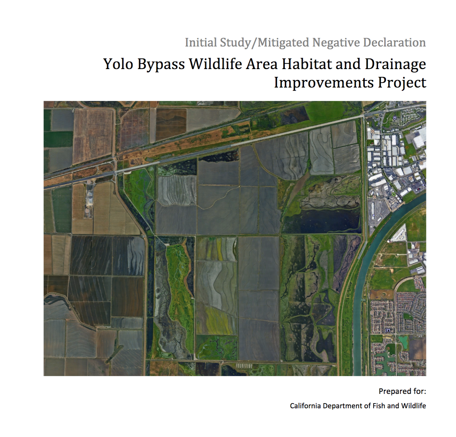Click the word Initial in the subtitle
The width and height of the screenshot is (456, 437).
pos(200,43)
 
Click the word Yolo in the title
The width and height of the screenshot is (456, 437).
pos(118,64)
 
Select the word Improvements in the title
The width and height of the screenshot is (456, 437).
pos(323,83)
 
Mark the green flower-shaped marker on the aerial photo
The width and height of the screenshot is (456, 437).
pos(394,194)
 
